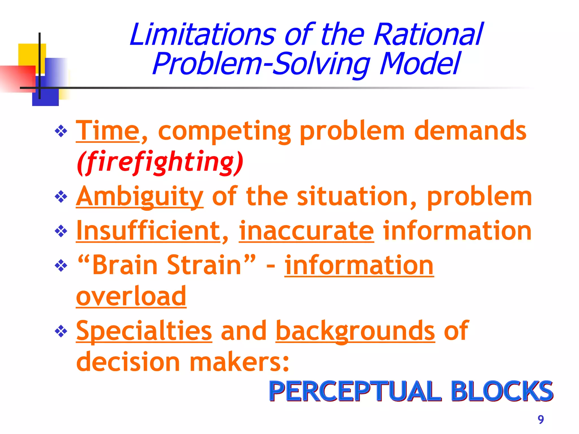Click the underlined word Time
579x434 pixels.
(x=108, y=131)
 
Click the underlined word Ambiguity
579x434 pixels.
(x=140, y=197)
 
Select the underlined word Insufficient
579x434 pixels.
(x=148, y=231)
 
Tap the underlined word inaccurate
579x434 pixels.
(x=306, y=231)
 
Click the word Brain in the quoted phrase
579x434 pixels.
(x=125, y=265)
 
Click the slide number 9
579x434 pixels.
(x=541, y=420)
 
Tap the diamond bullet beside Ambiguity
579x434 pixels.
(x=61, y=197)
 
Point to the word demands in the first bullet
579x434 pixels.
(x=470, y=131)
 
